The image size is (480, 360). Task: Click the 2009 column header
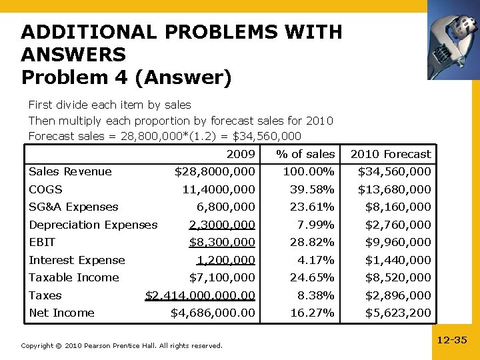pyautogui.click(x=241, y=154)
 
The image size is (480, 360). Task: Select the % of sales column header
pyautogui.click(x=306, y=154)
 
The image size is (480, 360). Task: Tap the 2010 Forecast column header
pyautogui.click(x=391, y=154)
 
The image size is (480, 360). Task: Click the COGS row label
pyautogui.click(x=45, y=189)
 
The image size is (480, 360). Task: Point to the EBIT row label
pyautogui.click(x=42, y=242)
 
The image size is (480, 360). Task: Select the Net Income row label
pyautogui.click(x=61, y=313)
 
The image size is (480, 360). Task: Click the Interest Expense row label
pyautogui.click(x=77, y=260)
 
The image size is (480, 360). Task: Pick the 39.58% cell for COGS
pyautogui.click(x=312, y=189)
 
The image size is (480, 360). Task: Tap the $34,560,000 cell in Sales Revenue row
pyautogui.click(x=395, y=172)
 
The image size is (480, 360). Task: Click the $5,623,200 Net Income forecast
pyautogui.click(x=398, y=313)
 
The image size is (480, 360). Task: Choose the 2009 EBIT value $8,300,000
pyautogui.click(x=222, y=242)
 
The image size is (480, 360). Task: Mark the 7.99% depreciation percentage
pyautogui.click(x=316, y=225)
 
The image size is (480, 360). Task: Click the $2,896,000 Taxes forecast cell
pyautogui.click(x=398, y=295)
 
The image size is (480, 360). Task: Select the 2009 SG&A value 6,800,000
pyautogui.click(x=225, y=207)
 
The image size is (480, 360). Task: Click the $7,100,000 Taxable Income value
pyautogui.click(x=222, y=277)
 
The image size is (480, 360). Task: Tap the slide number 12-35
pyautogui.click(x=451, y=341)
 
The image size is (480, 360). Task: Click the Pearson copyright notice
pyautogui.click(x=121, y=345)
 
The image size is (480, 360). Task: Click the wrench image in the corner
pyautogui.click(x=453, y=39)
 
